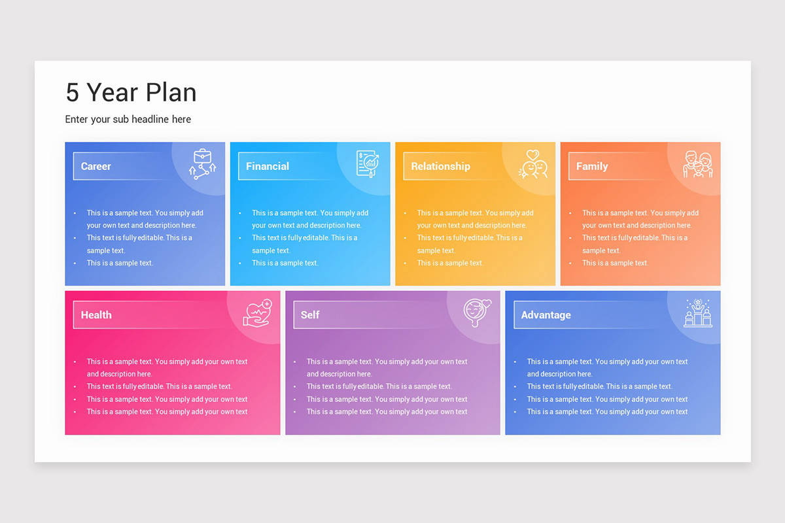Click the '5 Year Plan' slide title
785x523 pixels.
[131, 93]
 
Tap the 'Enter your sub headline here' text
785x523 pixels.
[128, 119]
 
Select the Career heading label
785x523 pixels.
[96, 166]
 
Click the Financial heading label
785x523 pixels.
[268, 166]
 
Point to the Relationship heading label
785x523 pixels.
[440, 166]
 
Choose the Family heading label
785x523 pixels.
[592, 166]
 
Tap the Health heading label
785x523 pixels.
[96, 315]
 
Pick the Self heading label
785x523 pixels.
[310, 315]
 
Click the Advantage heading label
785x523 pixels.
[546, 315]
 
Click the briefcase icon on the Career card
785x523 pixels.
[203, 163]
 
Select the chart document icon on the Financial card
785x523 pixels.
[368, 163]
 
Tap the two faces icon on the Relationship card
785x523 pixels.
[533, 164]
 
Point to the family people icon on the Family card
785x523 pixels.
[698, 164]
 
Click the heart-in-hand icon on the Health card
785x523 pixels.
[257, 312]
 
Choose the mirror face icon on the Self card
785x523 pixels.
[477, 312]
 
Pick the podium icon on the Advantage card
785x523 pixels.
[698, 313]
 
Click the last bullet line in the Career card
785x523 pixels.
[120, 263]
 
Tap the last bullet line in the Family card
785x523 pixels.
[615, 263]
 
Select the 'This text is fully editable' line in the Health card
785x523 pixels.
[159, 386]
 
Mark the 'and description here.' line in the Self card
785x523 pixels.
[339, 374]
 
